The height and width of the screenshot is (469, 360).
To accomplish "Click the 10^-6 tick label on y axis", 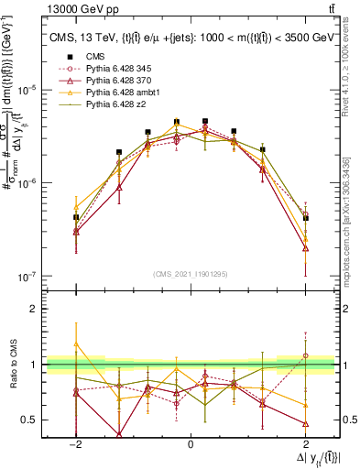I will click(x=29, y=183).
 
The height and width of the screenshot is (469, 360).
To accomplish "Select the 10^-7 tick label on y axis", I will click(x=29, y=276).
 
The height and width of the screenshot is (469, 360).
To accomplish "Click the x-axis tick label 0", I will click(x=191, y=443).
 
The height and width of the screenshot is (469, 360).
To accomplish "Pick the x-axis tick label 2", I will click(x=306, y=443).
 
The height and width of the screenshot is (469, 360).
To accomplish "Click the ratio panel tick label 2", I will click(x=33, y=309).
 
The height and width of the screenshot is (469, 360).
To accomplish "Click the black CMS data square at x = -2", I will click(x=76, y=217).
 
